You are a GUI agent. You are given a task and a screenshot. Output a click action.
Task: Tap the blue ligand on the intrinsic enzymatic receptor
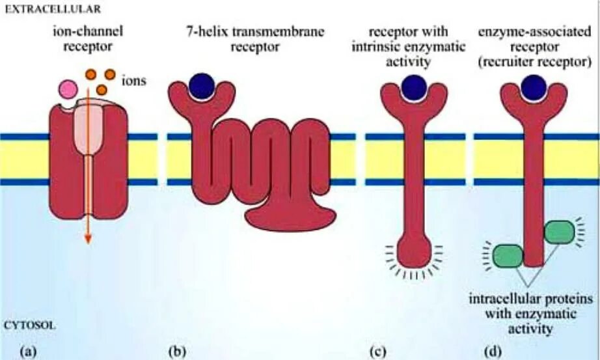click(x=414, y=87)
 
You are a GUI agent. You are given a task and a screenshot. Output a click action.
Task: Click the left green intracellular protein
click(x=508, y=256)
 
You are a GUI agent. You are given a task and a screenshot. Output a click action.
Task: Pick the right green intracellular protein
click(x=559, y=232)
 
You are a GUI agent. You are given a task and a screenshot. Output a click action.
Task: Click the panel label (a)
click(x=29, y=352)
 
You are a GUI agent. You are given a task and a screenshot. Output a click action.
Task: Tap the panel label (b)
click(x=176, y=352)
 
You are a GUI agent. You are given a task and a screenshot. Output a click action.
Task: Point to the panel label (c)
click(x=377, y=352)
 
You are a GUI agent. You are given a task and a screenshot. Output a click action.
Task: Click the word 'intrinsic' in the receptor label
click(x=390, y=48)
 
